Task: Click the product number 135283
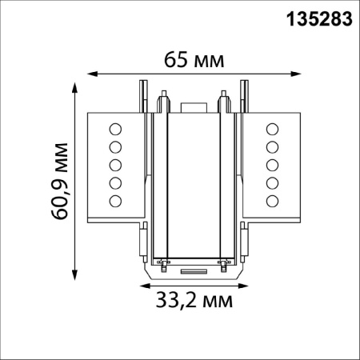318,18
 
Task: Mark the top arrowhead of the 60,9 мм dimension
75,84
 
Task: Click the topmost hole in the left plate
115,129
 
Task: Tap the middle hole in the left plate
115,164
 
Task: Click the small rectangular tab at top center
193,107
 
